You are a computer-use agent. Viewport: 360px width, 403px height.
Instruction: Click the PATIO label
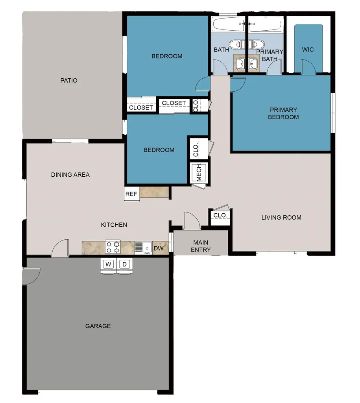pyautogui.click(x=69, y=81)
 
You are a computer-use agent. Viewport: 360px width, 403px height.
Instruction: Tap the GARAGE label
pyautogui.click(x=98, y=326)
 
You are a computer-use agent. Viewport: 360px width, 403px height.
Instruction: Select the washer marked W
pyautogui.click(x=109, y=264)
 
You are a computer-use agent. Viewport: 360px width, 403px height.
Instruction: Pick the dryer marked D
pyautogui.click(x=124, y=264)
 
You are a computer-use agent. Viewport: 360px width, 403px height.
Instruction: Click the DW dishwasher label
pyautogui.click(x=158, y=248)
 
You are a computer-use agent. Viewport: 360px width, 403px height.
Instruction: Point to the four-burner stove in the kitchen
pyautogui.click(x=113, y=247)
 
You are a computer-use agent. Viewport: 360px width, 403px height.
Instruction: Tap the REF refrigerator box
pyautogui.click(x=131, y=194)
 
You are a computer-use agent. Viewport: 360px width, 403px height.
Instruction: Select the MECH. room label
pyautogui.click(x=199, y=172)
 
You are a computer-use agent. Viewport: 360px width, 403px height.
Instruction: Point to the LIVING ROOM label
pyautogui.click(x=281, y=217)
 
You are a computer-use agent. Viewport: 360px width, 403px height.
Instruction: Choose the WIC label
pyautogui.click(x=308, y=50)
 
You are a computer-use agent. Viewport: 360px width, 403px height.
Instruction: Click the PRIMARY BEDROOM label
pyautogui.click(x=283, y=113)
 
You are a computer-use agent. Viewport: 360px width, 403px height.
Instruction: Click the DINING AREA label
pyautogui.click(x=70, y=174)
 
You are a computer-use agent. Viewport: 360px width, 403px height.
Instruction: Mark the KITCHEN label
pyautogui.click(x=114, y=225)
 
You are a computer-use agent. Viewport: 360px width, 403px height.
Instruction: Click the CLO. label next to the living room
pyautogui.click(x=220, y=216)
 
